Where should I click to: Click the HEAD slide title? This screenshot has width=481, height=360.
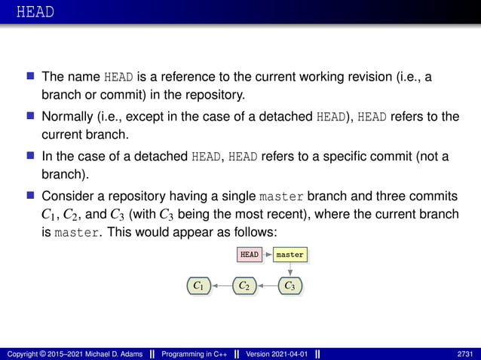point(29,12)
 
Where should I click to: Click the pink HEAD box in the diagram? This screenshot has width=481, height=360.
point(250,255)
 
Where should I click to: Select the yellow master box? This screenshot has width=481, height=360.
point(290,255)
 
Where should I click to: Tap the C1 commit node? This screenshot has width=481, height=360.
point(198,286)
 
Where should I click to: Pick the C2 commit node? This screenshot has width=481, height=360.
point(244,286)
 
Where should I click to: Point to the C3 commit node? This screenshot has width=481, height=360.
point(290,286)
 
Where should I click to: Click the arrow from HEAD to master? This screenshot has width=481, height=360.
point(267,255)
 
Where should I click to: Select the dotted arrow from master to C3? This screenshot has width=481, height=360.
point(290,270)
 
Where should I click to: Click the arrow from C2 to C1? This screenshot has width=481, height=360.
point(221,286)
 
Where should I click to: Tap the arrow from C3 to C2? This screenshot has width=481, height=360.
point(267,286)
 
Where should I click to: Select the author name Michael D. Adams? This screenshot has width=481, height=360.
point(111,353)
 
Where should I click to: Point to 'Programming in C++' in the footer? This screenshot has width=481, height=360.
point(195,353)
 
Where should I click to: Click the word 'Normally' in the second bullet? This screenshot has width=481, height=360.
point(69,117)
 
